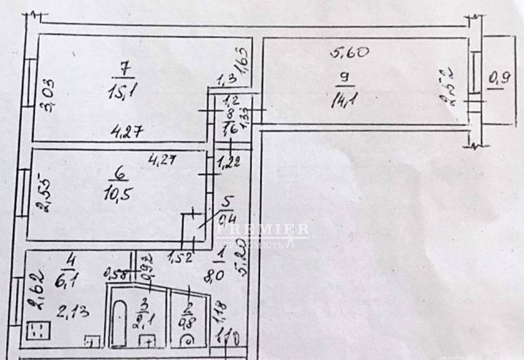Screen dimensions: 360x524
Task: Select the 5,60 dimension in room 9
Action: [x=350, y=53]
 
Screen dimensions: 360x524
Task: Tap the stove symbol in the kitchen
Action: [x=38, y=331]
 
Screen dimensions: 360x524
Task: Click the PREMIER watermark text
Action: [x=262, y=230]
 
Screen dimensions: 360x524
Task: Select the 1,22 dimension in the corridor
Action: [x=228, y=163]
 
